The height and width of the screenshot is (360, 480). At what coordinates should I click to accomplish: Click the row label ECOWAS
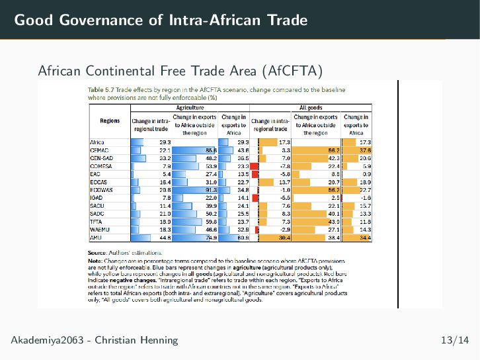(100, 189)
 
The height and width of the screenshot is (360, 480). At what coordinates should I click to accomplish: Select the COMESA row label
(100, 165)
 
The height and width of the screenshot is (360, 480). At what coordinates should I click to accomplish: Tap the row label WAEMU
(99, 229)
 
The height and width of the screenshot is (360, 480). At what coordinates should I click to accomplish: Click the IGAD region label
(96, 197)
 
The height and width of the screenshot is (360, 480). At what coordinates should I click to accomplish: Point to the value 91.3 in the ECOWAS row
(211, 189)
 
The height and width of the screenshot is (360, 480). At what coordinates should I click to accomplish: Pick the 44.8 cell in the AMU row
(165, 237)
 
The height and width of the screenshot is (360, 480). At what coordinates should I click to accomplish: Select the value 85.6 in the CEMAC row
(211, 150)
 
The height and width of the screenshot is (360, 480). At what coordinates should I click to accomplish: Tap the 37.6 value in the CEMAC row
(365, 150)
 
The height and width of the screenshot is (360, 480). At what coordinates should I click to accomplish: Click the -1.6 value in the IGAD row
(365, 197)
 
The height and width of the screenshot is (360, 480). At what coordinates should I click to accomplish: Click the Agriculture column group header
(190, 107)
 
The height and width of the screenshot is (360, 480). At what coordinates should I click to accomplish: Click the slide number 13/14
(455, 340)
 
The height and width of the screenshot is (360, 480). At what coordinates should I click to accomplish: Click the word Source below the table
(97, 252)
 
